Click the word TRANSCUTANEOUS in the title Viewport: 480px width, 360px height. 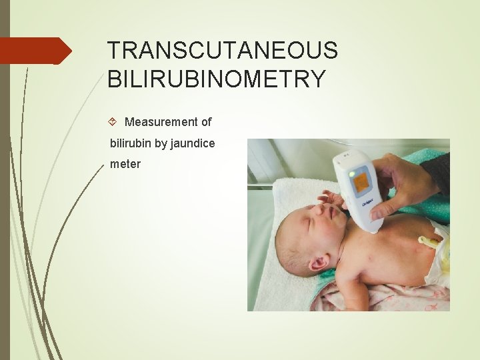(223, 51)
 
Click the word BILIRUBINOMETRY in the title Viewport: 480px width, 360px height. (217, 79)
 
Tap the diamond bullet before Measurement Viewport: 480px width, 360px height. (113, 122)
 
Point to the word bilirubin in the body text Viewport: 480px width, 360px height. (133, 143)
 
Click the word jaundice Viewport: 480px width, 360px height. (193, 143)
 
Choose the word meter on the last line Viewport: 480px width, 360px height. (125, 163)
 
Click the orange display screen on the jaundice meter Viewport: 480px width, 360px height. (362, 180)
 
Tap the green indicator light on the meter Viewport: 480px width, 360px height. (351, 174)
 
